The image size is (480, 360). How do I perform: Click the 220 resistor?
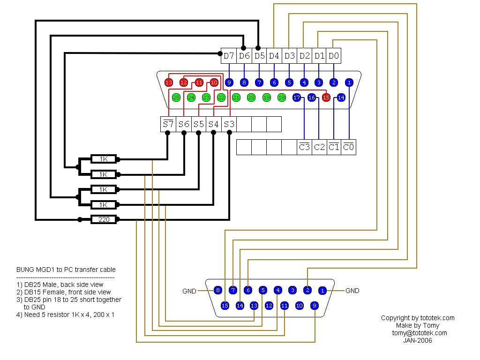pyautogui.click(x=104, y=219)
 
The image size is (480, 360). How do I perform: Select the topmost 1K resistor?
pyautogui.click(x=104, y=159)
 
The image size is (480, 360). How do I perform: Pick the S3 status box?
pyautogui.click(x=229, y=124)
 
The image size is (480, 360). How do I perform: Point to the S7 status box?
pyautogui.click(x=168, y=124)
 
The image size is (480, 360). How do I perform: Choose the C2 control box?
pyautogui.click(x=319, y=147)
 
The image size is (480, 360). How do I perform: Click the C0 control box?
pyautogui.click(x=348, y=147)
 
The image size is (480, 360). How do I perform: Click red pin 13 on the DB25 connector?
pyautogui.click(x=169, y=82)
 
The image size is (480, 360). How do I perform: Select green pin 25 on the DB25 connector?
pyautogui.click(x=176, y=97)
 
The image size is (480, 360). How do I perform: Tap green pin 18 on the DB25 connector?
pyautogui.click(x=281, y=97)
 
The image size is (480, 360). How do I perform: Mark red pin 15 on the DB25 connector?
pyautogui.click(x=326, y=97)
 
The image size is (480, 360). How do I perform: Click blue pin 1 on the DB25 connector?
pyautogui.click(x=349, y=82)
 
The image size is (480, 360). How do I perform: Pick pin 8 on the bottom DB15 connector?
pyautogui.click(x=217, y=291)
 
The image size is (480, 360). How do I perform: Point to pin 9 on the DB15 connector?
pyautogui.click(x=315, y=306)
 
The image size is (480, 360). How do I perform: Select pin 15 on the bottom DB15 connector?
pyautogui.click(x=225, y=306)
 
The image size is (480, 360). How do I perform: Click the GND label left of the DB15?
pyautogui.click(x=189, y=291)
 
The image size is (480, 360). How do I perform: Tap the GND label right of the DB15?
pyautogui.click(x=352, y=291)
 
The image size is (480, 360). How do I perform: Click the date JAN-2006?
pyautogui.click(x=417, y=340)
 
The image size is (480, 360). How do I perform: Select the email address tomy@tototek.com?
pyautogui.click(x=417, y=333)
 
